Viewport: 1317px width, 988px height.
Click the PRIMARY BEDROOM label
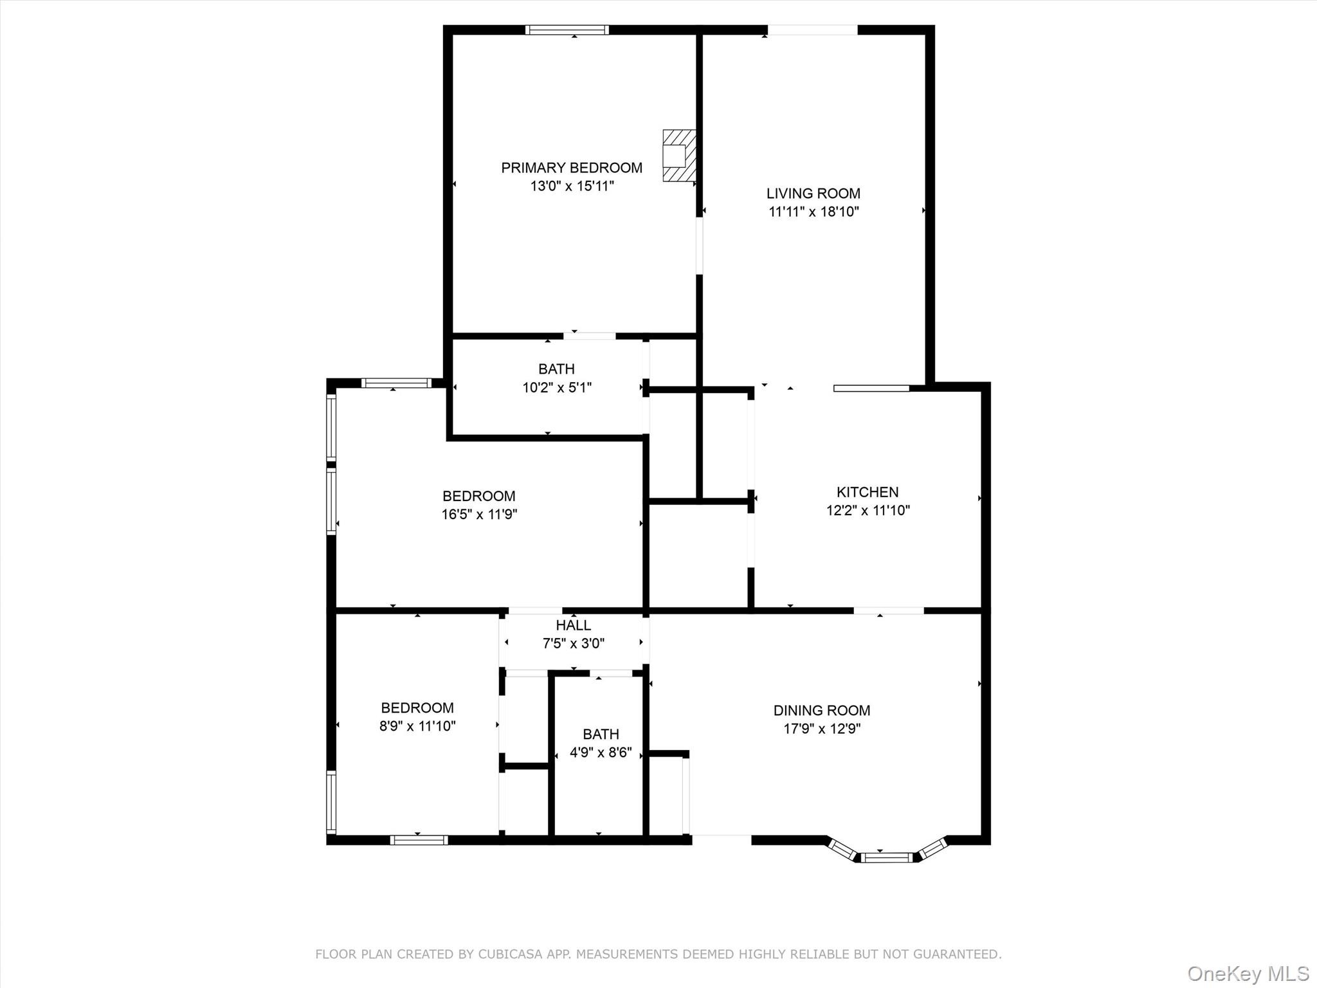(571, 168)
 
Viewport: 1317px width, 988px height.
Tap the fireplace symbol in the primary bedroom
(678, 156)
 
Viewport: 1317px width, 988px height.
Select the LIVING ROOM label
(813, 193)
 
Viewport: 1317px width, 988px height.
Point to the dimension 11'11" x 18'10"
(813, 212)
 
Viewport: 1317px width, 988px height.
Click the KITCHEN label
(867, 492)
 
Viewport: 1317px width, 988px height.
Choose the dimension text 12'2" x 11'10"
(867, 511)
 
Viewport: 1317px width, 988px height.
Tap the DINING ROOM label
(821, 710)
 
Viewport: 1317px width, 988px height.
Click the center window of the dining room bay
(886, 857)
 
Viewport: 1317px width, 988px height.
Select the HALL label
(573, 625)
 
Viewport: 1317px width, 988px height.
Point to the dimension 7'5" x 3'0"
(573, 643)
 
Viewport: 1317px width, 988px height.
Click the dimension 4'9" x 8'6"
(601, 753)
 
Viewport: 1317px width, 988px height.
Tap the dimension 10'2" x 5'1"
(556, 387)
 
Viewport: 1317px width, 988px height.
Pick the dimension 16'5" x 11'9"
(479, 515)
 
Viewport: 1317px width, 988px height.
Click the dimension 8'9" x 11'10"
(417, 726)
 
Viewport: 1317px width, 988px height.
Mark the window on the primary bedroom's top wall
(567, 30)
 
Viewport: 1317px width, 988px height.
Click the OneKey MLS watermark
(1248, 973)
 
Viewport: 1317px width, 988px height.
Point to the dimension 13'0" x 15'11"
(572, 187)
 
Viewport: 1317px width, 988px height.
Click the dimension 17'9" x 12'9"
(821, 729)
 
